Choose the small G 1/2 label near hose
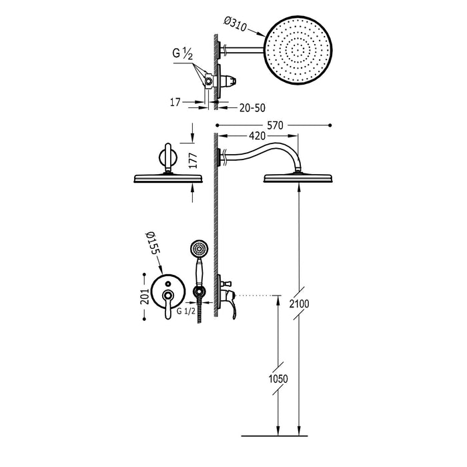[184, 310]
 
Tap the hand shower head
[197, 250]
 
